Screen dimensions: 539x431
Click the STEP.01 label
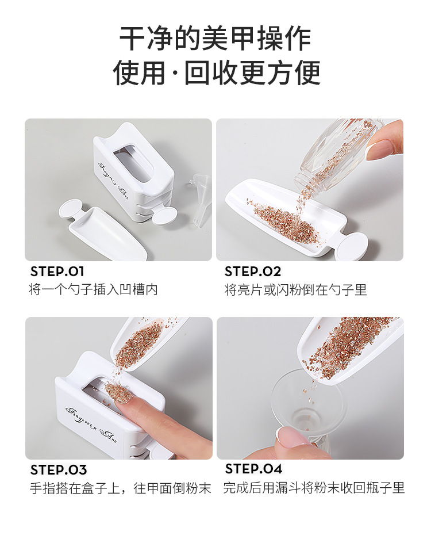click(57, 272)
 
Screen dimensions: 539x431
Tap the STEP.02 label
click(253, 272)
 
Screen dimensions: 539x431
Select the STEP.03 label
click(59, 470)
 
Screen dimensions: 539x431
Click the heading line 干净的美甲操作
click(215, 39)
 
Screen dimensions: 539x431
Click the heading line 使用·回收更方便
click(216, 73)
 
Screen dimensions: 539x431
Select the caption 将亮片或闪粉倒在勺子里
click(295, 289)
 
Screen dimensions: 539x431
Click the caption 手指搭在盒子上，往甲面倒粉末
click(121, 488)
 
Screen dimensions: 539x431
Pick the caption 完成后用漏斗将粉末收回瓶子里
click(314, 488)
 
